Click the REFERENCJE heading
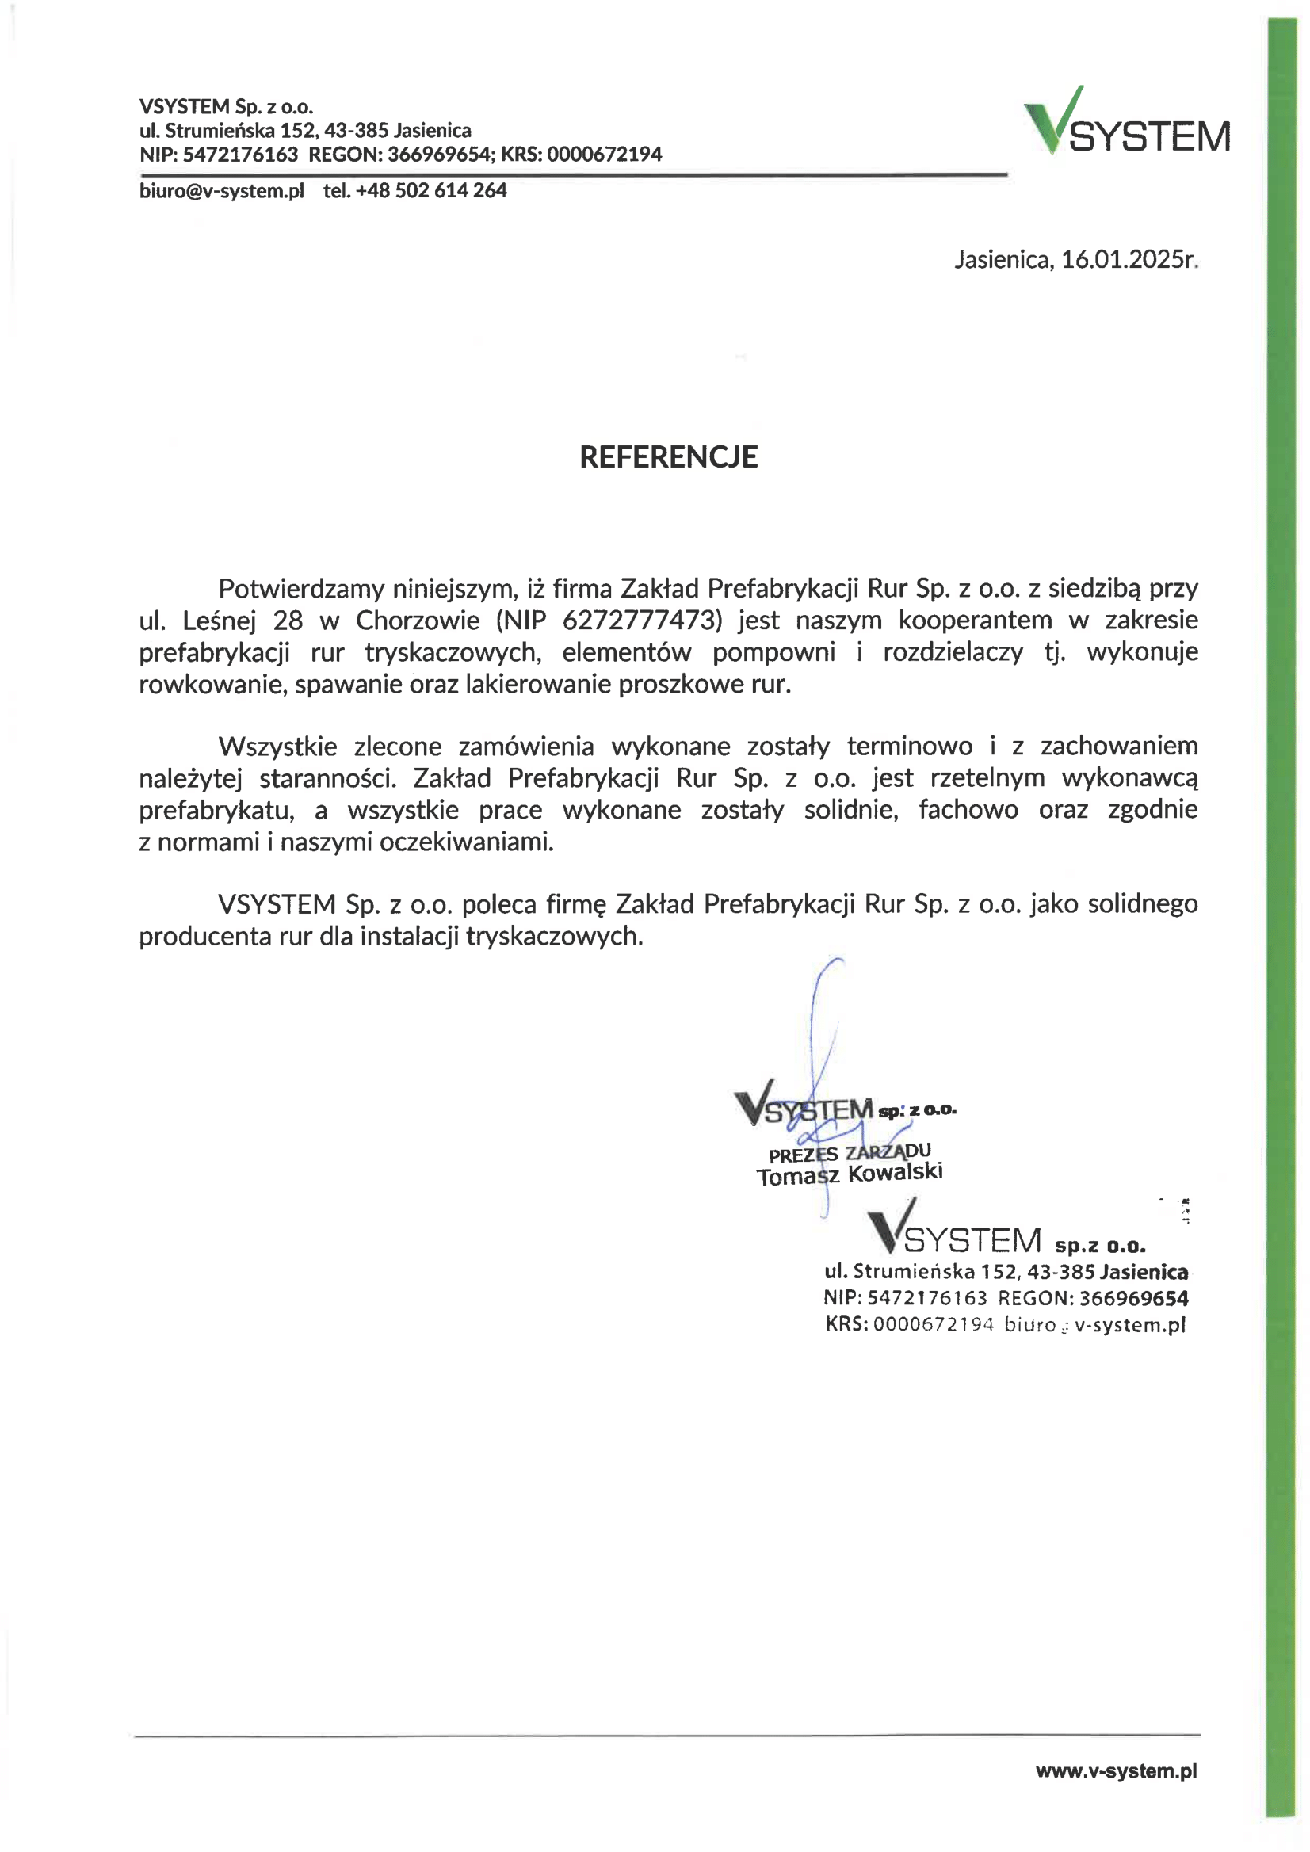(x=668, y=456)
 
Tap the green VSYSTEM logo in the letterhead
(x=1126, y=123)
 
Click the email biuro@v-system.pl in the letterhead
(x=222, y=191)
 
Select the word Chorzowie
(x=418, y=621)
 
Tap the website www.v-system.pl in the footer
(x=1116, y=1770)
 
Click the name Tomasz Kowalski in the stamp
(x=850, y=1174)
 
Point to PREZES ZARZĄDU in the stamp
(x=850, y=1153)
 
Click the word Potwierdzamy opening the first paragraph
(x=301, y=589)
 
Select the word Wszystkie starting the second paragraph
(x=277, y=747)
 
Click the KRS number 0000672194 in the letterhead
(x=604, y=154)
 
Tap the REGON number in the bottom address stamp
(x=1133, y=1298)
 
